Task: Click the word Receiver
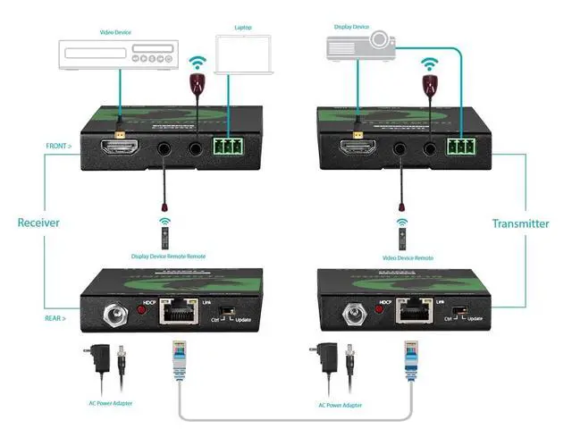[38, 223]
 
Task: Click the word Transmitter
[520, 223]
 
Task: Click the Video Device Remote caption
[400, 257]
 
